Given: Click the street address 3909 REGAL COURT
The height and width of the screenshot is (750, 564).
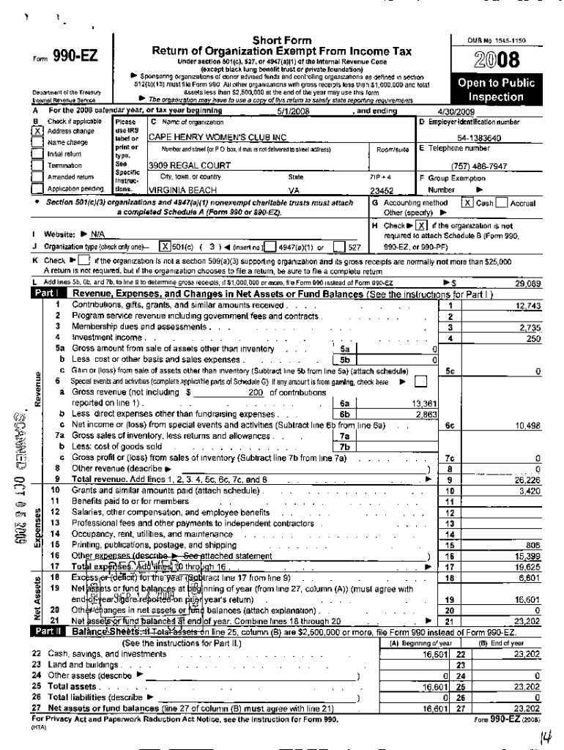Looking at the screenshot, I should [x=181, y=166].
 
